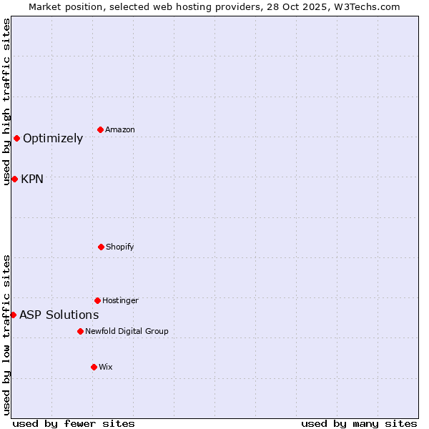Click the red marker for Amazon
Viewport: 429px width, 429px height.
[101, 129]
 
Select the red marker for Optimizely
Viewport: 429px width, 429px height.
[16, 138]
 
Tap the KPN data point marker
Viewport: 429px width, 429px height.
[14, 179]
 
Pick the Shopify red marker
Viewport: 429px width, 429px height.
[101, 247]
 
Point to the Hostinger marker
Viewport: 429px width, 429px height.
[97, 300]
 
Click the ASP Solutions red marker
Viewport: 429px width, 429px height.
[13, 315]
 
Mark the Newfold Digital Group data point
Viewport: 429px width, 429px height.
[80, 331]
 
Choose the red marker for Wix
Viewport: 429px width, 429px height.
[94, 367]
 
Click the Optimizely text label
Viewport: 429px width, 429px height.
[53, 139]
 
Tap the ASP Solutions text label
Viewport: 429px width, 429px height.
[59, 315]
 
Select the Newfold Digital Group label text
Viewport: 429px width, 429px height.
[127, 331]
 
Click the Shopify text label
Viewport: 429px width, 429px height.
[119, 247]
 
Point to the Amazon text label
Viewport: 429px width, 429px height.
[119, 129]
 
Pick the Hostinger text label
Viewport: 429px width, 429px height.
[120, 300]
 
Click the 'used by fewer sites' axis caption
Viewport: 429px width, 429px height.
[74, 423]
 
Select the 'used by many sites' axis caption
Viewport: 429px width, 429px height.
[359, 423]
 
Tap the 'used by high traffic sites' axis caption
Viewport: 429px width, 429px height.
[6, 102]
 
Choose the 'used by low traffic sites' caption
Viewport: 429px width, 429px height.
[6, 335]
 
